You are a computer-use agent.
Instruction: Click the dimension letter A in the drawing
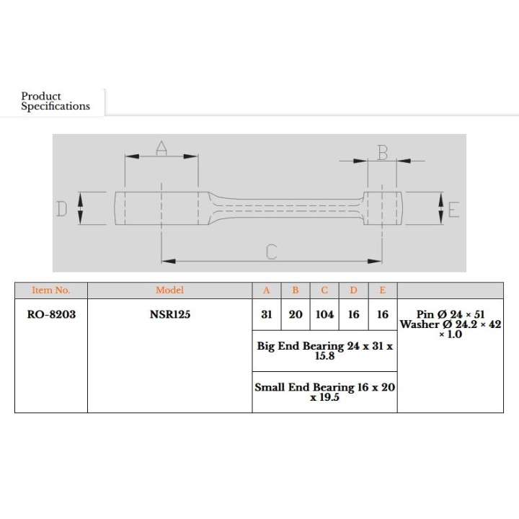161,148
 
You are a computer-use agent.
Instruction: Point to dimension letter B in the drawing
383,153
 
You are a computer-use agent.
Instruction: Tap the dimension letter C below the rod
272,252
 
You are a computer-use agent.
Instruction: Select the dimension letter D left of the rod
61,209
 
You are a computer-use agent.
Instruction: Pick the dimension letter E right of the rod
454,210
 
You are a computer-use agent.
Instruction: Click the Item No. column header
51,290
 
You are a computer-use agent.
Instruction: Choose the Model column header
170,290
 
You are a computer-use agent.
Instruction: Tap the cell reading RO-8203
51,314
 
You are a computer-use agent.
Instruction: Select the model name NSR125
170,314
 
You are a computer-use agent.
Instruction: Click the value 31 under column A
267,314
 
